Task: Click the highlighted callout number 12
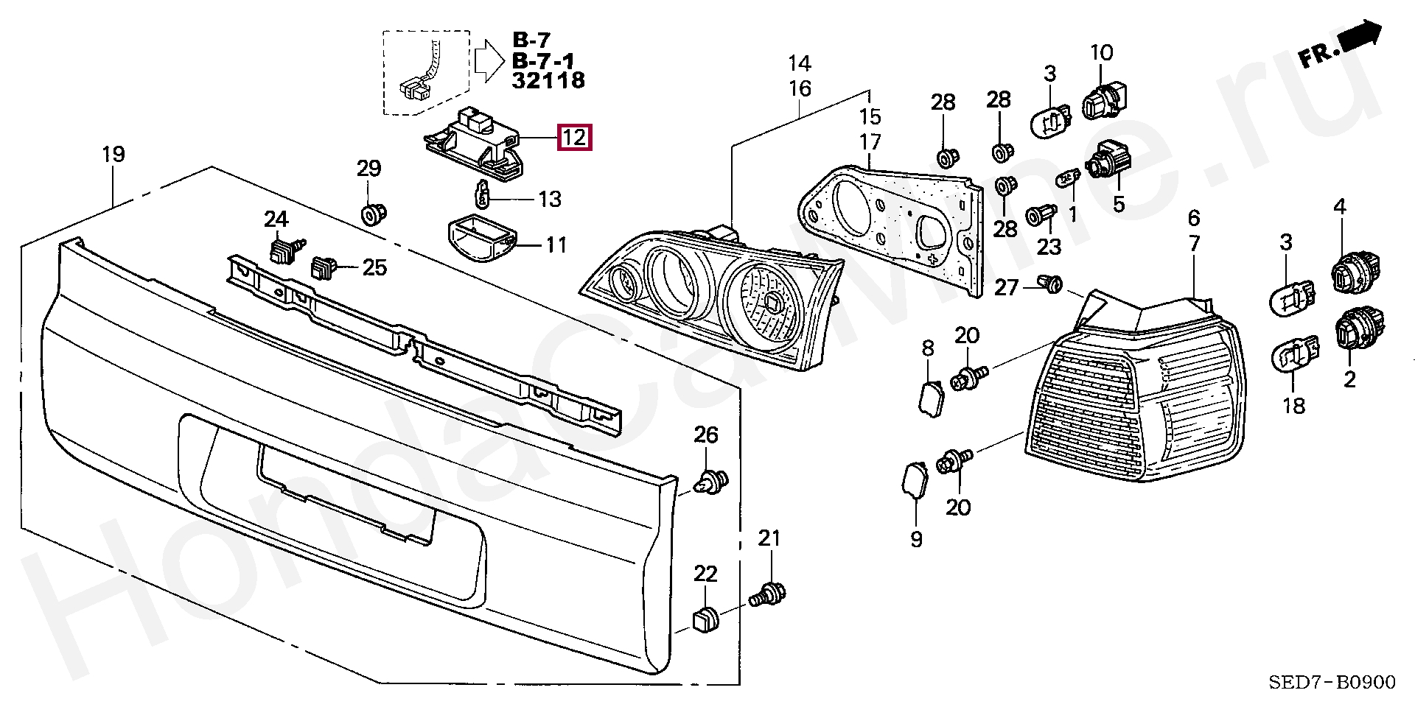click(x=575, y=137)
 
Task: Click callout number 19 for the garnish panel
click(x=113, y=155)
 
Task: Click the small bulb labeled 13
click(x=482, y=195)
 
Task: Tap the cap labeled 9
click(x=915, y=481)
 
